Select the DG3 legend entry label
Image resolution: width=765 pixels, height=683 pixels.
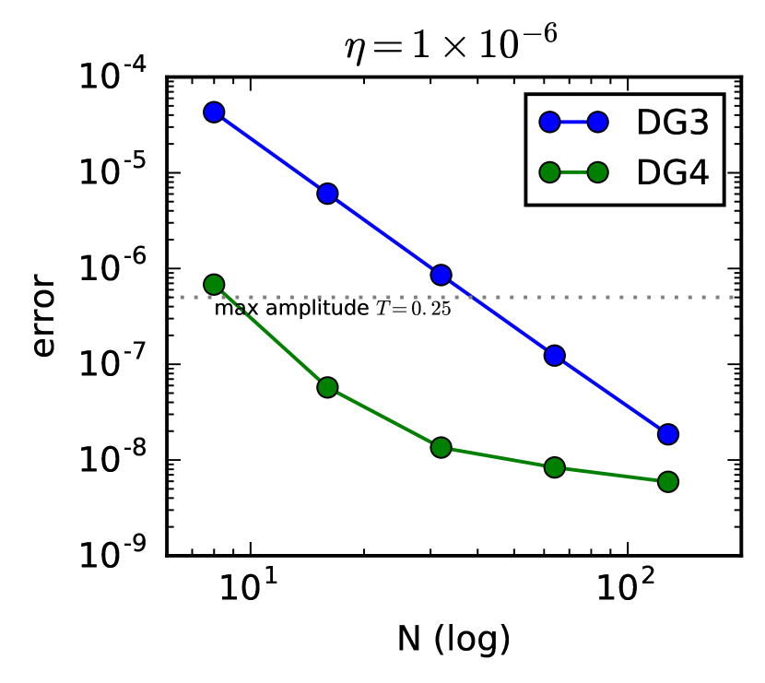(672, 122)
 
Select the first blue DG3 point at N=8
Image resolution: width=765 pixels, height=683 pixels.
(214, 112)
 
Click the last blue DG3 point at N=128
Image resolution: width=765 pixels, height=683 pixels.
(668, 433)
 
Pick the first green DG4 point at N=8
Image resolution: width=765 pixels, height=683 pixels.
(214, 284)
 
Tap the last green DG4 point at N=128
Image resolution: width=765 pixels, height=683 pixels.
(668, 481)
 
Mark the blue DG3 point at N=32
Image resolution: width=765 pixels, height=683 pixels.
(441, 275)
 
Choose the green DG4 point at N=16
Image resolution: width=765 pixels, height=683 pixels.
(327, 387)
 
